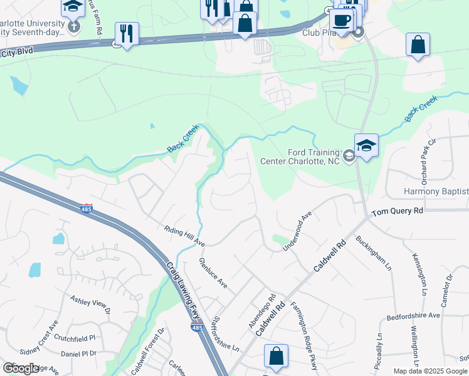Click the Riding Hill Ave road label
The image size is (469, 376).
pos(184,236)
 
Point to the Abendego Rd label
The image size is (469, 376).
pos(262,311)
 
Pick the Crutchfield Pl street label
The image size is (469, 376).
pos(74,337)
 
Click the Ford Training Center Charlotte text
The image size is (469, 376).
pos(314,156)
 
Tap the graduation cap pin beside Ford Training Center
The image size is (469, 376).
pos(366,146)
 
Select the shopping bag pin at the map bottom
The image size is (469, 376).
pos(276,357)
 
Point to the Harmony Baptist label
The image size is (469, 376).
pos(437,191)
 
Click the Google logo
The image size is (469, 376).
pos(21,368)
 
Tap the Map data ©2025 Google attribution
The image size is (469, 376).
pos(430,371)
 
